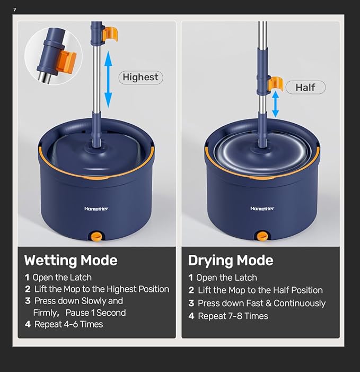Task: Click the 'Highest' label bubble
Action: (140, 77)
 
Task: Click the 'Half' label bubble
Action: (305, 88)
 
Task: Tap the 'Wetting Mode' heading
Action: (71, 261)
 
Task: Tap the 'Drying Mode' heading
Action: (231, 261)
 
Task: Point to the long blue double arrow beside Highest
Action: (108, 80)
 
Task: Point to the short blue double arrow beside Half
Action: (275, 104)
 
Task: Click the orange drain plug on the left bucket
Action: (96, 236)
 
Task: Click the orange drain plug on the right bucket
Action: (261, 236)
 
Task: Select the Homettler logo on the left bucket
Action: (96, 209)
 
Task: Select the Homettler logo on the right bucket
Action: (262, 209)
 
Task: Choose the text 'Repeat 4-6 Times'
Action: (68, 324)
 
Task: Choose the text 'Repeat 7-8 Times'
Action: (233, 316)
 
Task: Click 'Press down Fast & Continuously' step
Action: (261, 304)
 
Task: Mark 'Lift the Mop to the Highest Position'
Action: (101, 289)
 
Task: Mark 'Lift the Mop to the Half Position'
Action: (260, 290)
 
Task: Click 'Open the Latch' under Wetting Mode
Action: (62, 277)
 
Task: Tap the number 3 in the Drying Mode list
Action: (191, 304)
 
